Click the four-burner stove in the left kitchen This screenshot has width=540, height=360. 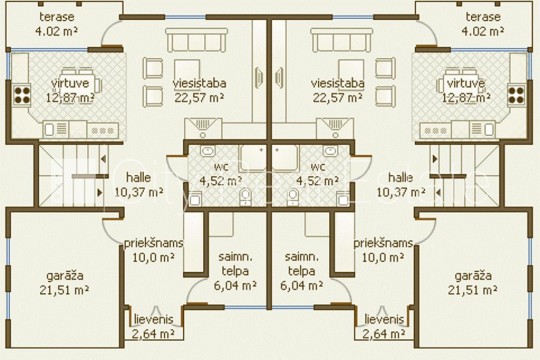(x=22, y=95)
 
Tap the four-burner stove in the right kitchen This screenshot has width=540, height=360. (x=516, y=95)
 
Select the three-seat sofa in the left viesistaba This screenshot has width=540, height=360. (x=197, y=40)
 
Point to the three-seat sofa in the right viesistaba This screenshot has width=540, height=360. (x=342, y=40)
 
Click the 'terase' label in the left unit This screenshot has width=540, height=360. (x=56, y=17)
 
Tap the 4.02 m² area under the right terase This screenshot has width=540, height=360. (x=482, y=31)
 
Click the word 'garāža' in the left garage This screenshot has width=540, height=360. (x=65, y=276)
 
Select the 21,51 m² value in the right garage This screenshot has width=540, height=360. (x=472, y=290)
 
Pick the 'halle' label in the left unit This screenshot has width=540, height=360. (x=138, y=177)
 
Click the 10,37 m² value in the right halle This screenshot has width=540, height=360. (x=401, y=192)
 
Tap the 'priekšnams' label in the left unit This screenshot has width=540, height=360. (x=153, y=243)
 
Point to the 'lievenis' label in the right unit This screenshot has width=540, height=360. (x=384, y=319)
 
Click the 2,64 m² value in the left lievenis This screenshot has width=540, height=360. (x=153, y=333)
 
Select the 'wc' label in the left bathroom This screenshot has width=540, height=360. (x=221, y=167)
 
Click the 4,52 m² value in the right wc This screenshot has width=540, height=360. (x=317, y=181)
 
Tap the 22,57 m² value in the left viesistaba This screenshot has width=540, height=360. (x=199, y=98)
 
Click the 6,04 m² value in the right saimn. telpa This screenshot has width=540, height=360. (x=301, y=285)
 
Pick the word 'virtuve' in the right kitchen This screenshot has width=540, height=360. (x=466, y=83)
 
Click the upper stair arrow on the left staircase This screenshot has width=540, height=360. (x=103, y=159)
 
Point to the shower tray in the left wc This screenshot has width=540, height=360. (x=253, y=158)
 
